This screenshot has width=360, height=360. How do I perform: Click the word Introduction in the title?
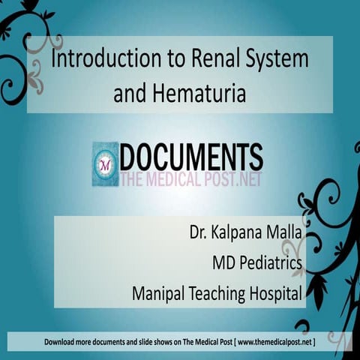(106, 58)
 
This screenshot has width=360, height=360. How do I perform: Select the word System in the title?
(277, 60)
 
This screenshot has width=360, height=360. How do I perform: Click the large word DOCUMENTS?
(191, 157)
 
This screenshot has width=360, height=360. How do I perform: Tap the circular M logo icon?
(105, 164)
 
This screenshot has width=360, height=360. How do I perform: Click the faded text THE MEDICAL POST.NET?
(191, 179)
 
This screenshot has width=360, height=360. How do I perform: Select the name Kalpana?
(235, 232)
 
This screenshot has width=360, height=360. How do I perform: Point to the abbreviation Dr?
(198, 232)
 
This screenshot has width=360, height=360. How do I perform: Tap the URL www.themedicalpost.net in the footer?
(275, 342)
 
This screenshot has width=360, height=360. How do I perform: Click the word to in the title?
(177, 59)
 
